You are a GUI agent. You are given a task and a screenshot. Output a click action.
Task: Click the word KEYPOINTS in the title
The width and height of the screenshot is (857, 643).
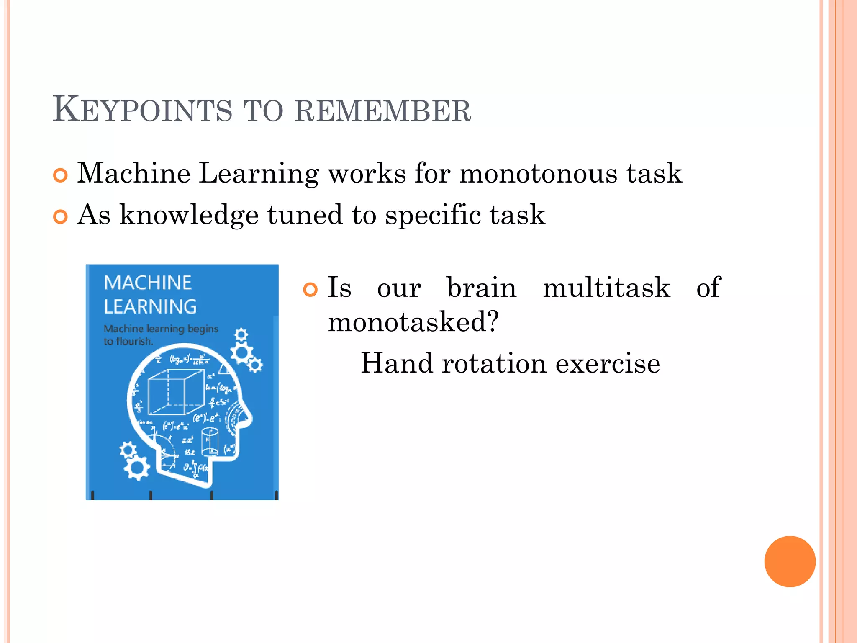pos(142,110)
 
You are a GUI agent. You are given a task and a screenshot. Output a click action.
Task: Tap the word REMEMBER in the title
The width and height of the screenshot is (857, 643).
pos(382,111)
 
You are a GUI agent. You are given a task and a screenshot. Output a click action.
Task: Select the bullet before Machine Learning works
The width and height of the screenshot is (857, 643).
pos(60,175)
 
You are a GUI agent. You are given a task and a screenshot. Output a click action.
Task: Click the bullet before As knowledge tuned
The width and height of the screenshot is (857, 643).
pos(60,217)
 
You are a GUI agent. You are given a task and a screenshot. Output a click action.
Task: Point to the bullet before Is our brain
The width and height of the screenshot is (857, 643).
pos(310,290)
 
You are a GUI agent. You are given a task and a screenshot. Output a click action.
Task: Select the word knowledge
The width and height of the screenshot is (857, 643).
pos(189,215)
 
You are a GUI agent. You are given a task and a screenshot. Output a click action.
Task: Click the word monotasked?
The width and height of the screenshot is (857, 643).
pos(413,322)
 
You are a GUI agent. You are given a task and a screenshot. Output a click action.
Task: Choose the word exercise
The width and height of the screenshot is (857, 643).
pos(608,363)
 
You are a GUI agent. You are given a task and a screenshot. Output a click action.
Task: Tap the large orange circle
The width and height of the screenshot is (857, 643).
pos(790,561)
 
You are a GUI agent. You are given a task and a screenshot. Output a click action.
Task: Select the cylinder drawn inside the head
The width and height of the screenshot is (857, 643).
pos(210,441)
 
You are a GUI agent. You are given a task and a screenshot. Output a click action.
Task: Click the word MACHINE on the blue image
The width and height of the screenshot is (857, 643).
pos(148,283)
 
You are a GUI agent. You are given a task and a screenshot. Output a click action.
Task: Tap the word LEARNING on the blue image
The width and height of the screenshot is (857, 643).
pos(150,307)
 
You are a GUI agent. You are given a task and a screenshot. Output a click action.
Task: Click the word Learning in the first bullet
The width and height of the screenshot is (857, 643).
pos(258,174)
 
